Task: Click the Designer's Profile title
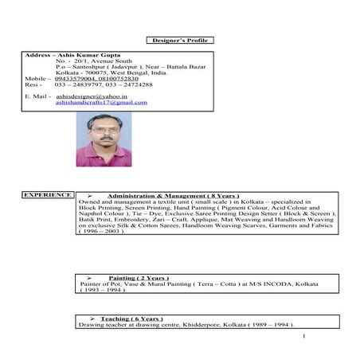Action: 180,40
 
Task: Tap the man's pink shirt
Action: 104,153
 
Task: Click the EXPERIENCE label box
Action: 48,194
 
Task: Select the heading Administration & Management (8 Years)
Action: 172,195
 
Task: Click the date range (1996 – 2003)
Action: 103,231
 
